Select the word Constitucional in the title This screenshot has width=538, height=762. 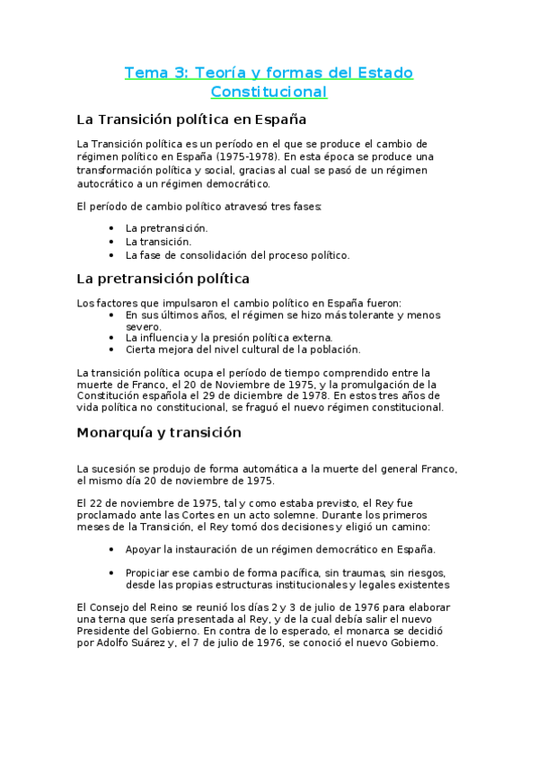click(x=269, y=92)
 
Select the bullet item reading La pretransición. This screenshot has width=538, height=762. click(x=166, y=228)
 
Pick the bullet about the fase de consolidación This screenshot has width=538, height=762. click(x=237, y=255)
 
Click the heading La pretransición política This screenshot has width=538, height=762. click(x=163, y=279)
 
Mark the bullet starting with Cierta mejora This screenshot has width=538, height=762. click(x=243, y=350)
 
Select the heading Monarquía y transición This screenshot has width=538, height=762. click(x=159, y=432)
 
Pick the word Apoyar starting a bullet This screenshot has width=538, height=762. click(x=147, y=549)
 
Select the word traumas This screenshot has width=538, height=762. click(x=331, y=572)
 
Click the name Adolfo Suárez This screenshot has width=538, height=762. click(x=119, y=642)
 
